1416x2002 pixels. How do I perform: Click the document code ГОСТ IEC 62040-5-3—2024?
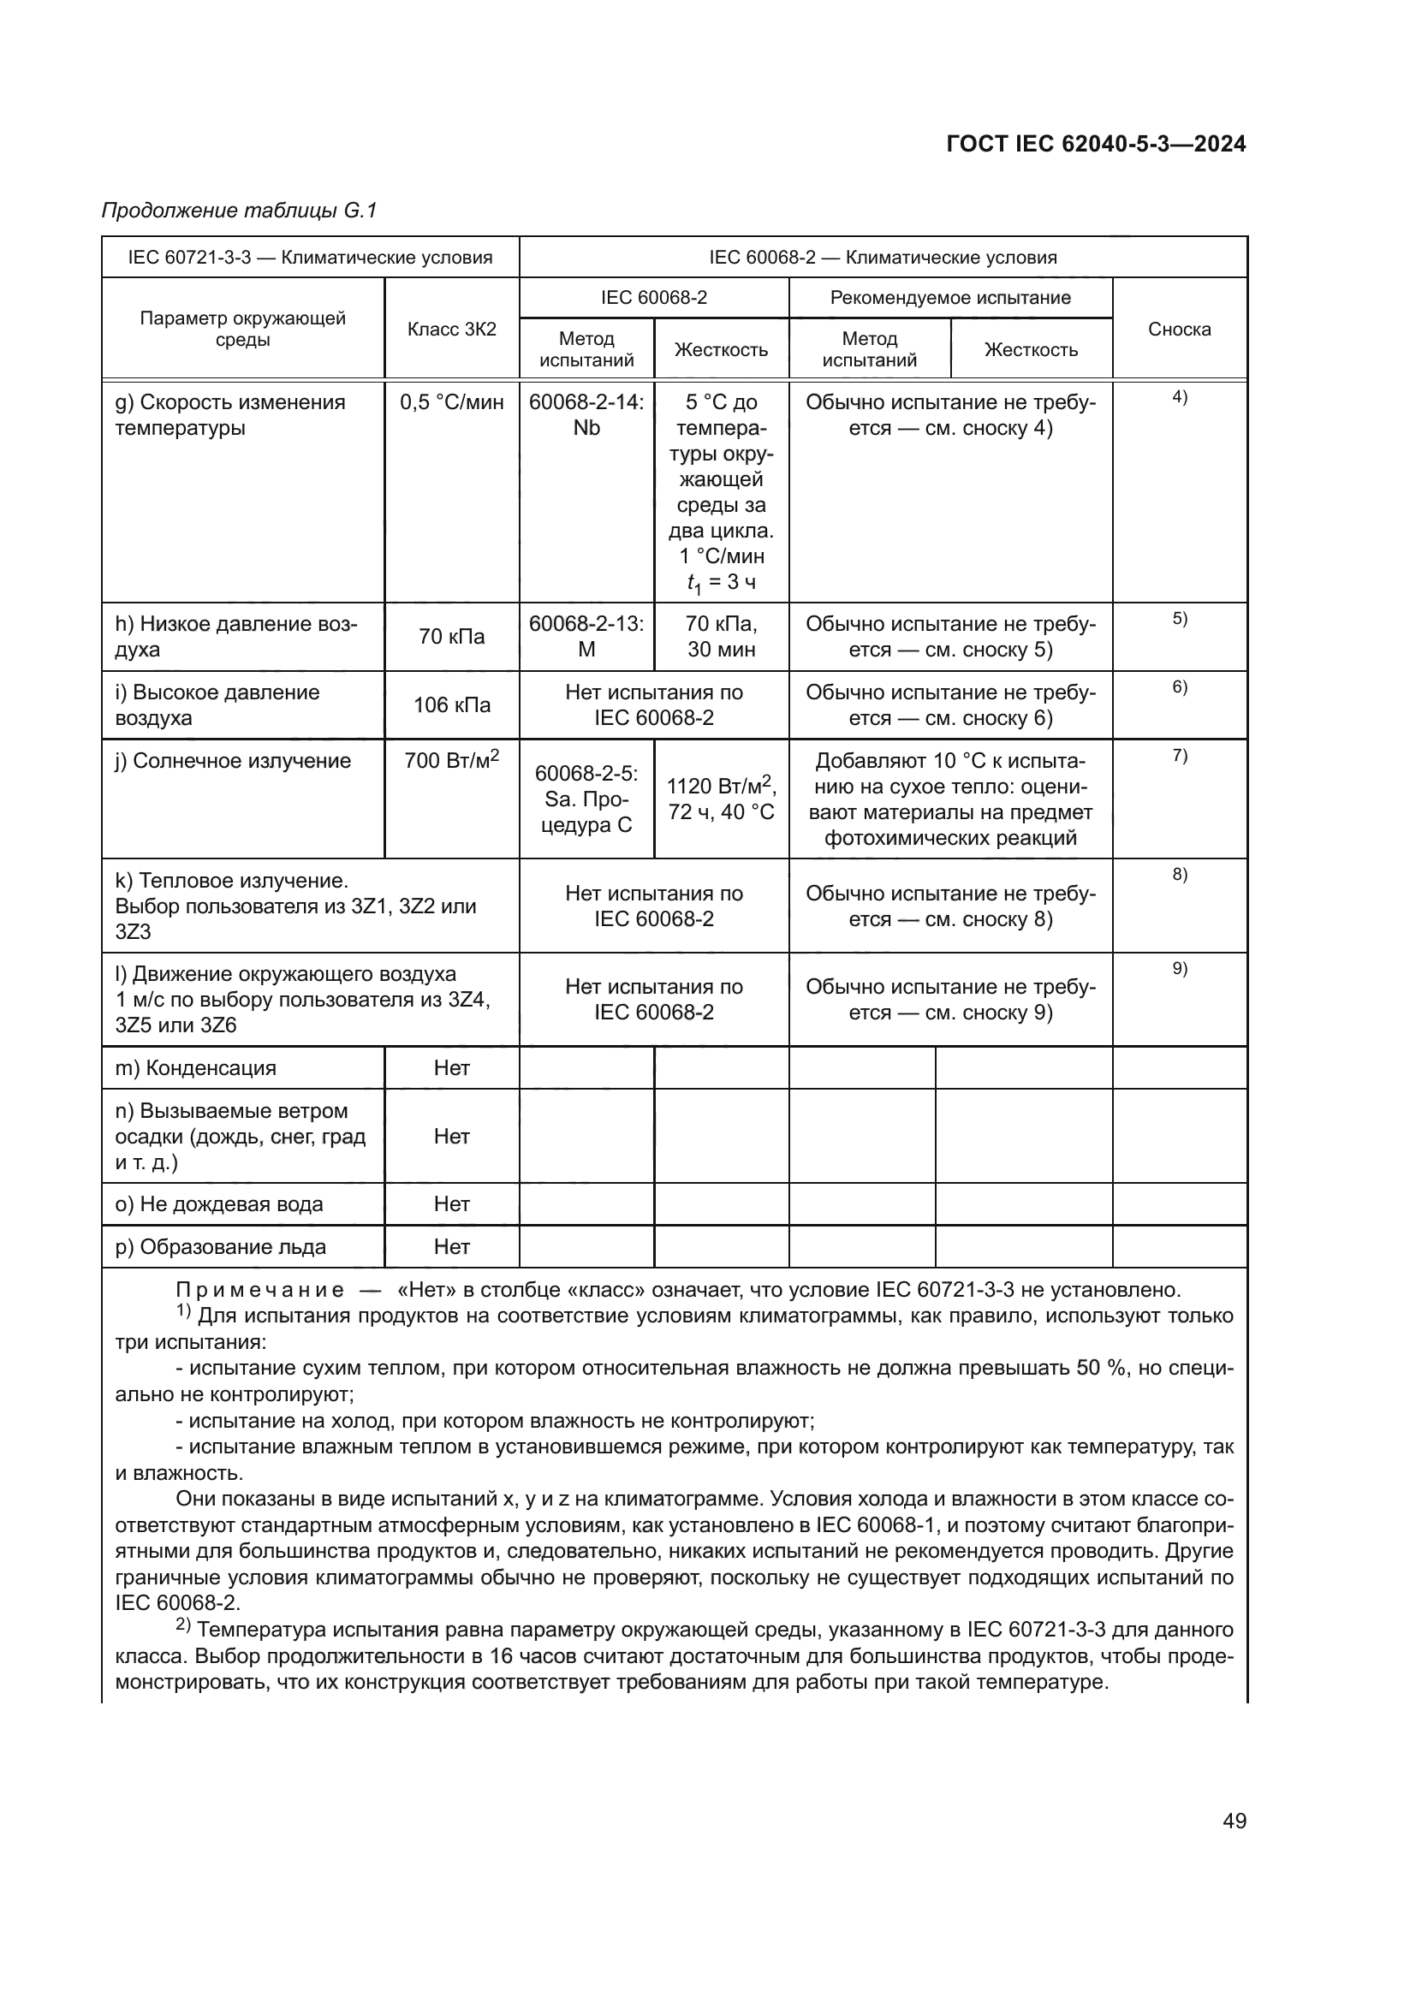click(x=1095, y=144)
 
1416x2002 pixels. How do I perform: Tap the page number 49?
click(x=1234, y=1821)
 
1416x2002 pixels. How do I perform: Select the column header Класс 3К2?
click(x=452, y=329)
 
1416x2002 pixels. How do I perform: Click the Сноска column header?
click(x=1179, y=329)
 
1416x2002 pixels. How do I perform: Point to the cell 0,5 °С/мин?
click(x=452, y=402)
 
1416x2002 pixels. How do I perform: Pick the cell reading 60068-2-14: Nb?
click(x=586, y=415)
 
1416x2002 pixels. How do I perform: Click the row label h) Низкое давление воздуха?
click(x=236, y=637)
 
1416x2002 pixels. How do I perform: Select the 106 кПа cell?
click(x=452, y=704)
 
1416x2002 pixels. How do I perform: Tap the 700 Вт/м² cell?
click(x=452, y=760)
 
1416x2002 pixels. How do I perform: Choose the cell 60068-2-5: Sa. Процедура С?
click(x=586, y=799)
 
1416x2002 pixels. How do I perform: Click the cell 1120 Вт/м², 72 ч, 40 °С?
click(x=721, y=799)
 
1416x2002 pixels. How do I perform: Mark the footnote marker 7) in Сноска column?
click(x=1179, y=756)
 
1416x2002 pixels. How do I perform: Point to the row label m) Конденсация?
click(x=195, y=1068)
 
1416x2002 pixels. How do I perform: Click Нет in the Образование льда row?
click(x=452, y=1247)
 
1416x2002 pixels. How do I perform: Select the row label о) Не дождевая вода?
click(x=219, y=1204)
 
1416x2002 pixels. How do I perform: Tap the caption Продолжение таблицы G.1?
click(x=239, y=211)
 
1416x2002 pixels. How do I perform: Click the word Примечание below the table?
click(x=260, y=1290)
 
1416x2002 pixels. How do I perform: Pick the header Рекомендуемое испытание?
click(x=949, y=297)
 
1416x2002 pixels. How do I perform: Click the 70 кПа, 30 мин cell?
click(x=721, y=637)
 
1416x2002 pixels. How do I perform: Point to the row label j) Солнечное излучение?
click(x=233, y=761)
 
